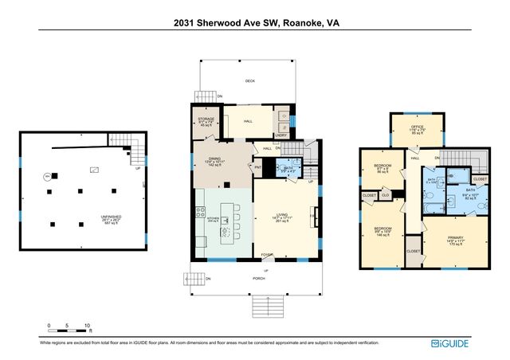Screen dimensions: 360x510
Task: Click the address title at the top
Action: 254,23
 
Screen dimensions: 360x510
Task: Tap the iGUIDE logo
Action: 449,343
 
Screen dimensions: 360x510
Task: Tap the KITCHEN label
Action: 212,217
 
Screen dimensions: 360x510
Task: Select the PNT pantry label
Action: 259,167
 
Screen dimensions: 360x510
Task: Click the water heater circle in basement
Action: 47,176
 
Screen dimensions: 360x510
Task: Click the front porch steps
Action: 265,306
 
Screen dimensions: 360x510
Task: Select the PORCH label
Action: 259,279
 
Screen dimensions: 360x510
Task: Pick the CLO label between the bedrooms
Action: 385,195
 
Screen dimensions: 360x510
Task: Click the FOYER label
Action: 266,255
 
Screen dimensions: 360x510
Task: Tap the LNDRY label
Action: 280,135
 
